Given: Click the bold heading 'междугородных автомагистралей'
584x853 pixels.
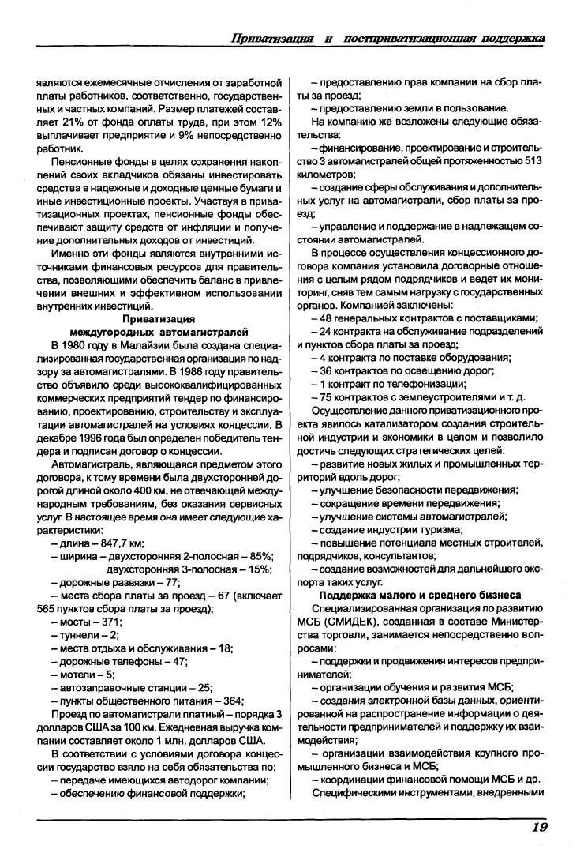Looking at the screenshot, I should tap(159, 332).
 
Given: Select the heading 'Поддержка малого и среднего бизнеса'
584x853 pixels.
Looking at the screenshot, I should tap(419, 594).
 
